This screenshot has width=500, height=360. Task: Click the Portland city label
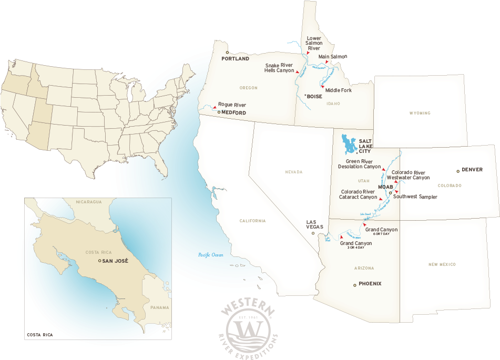(236, 59)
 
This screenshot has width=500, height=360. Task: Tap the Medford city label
(233, 112)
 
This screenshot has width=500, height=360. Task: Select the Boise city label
(314, 97)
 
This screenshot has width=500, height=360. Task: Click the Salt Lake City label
(365, 146)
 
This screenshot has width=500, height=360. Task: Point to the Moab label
(385, 187)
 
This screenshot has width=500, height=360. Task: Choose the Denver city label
(472, 170)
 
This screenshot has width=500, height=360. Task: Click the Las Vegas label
(315, 224)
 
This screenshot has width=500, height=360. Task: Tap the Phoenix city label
(370, 284)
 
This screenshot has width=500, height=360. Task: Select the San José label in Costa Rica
(115, 261)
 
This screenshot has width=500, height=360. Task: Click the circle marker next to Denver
(458, 171)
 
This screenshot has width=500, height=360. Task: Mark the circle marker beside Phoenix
(355, 285)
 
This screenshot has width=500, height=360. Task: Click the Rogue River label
(232, 105)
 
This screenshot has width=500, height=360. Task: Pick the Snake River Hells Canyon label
(279, 68)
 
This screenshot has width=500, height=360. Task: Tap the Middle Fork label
(338, 90)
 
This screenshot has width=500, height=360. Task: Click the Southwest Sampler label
(415, 197)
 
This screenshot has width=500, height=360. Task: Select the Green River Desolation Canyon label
(363, 164)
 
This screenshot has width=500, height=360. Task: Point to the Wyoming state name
(420, 113)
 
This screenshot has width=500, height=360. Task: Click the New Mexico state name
(442, 264)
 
